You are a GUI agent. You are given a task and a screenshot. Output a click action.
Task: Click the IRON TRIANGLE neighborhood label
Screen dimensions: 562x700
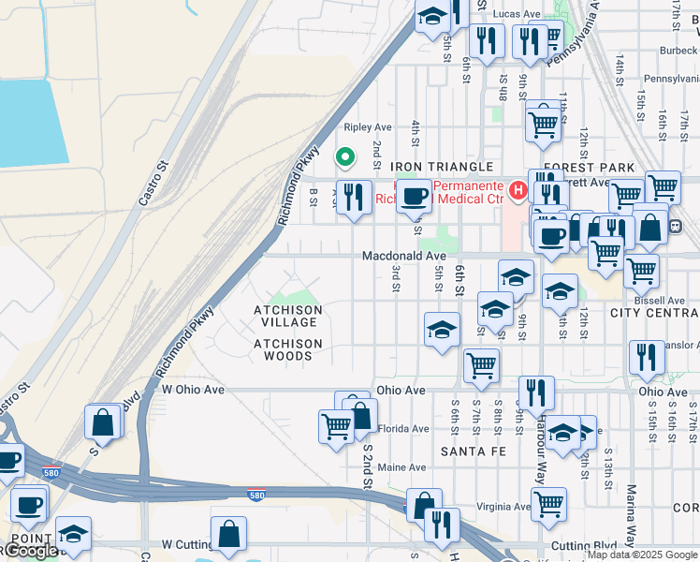441,167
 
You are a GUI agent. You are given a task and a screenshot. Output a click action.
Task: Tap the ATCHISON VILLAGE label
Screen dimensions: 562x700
288,316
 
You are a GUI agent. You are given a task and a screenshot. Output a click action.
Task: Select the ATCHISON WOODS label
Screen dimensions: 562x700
288,349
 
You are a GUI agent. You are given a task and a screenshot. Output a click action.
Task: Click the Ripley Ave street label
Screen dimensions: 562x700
368,126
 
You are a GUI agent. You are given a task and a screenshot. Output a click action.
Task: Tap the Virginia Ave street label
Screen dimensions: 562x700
503,507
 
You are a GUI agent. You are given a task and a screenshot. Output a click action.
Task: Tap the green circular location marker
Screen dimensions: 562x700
344,158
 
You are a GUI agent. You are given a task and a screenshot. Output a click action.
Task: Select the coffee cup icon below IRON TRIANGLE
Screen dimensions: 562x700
415,197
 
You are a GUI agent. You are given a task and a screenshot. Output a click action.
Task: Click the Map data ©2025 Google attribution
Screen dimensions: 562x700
642,555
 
